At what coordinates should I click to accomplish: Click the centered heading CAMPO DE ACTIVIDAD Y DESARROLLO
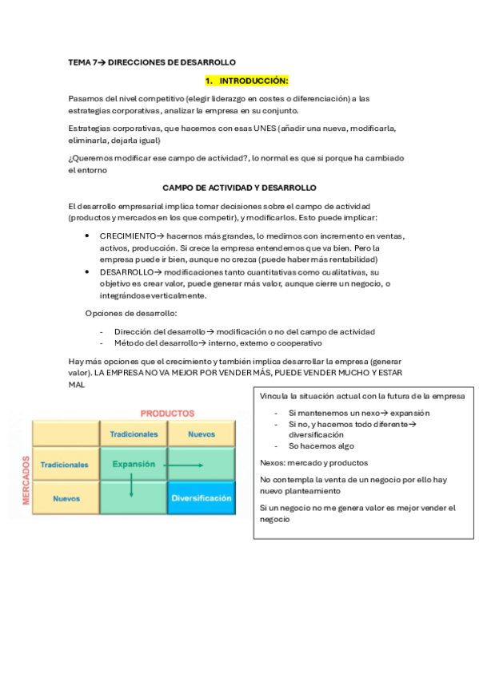coord(239,188)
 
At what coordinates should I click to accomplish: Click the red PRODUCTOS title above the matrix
coord(167,414)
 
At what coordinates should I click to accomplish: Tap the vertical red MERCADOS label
coord(26,481)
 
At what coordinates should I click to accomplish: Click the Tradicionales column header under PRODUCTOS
coord(134,434)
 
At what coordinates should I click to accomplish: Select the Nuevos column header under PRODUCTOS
coord(202,434)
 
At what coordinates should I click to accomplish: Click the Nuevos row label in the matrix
coord(66,498)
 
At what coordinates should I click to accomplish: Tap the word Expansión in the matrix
coord(134,463)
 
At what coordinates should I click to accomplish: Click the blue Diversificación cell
coord(202,498)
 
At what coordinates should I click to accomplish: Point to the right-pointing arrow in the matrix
coord(185,465)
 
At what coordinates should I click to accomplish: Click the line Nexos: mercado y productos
coord(313,462)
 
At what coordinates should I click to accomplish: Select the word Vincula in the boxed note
coord(274,396)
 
